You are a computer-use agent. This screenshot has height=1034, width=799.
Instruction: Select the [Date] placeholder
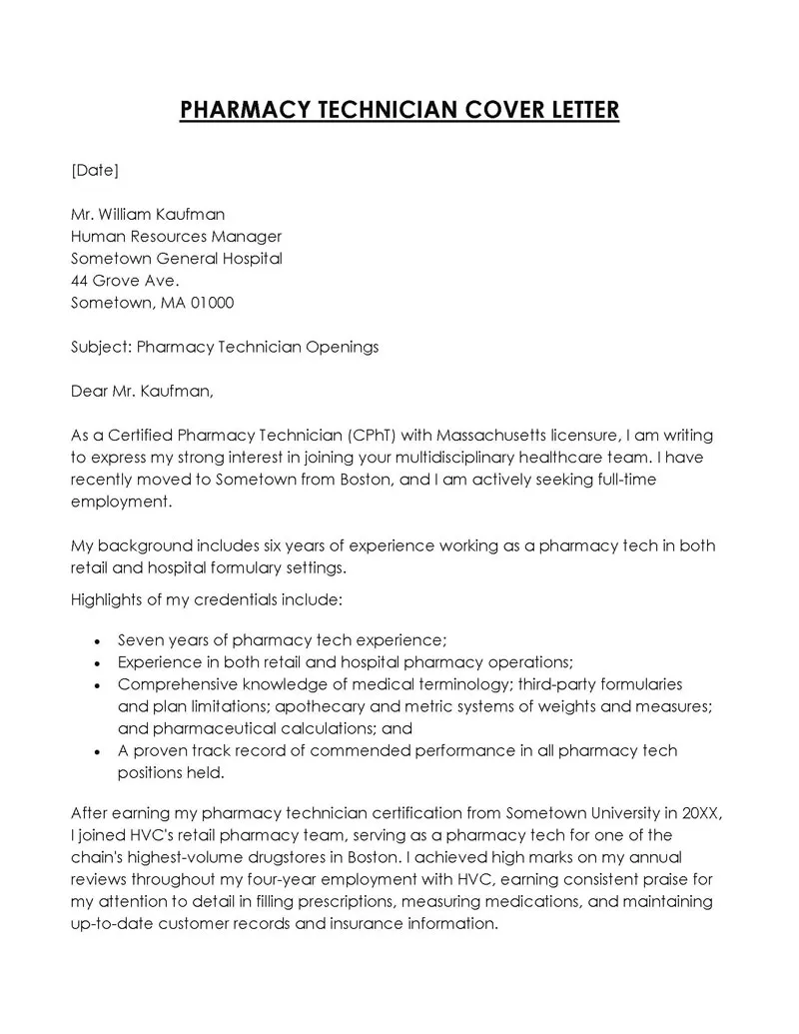click(95, 170)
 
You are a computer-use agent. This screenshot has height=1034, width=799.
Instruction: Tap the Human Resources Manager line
click(177, 237)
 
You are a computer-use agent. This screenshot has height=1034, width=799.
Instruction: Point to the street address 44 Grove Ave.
click(125, 281)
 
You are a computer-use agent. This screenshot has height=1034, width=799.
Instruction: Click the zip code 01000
click(212, 303)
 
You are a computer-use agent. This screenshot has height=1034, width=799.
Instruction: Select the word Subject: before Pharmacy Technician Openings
click(101, 348)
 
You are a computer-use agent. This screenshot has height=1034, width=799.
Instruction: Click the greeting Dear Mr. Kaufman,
click(142, 392)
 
